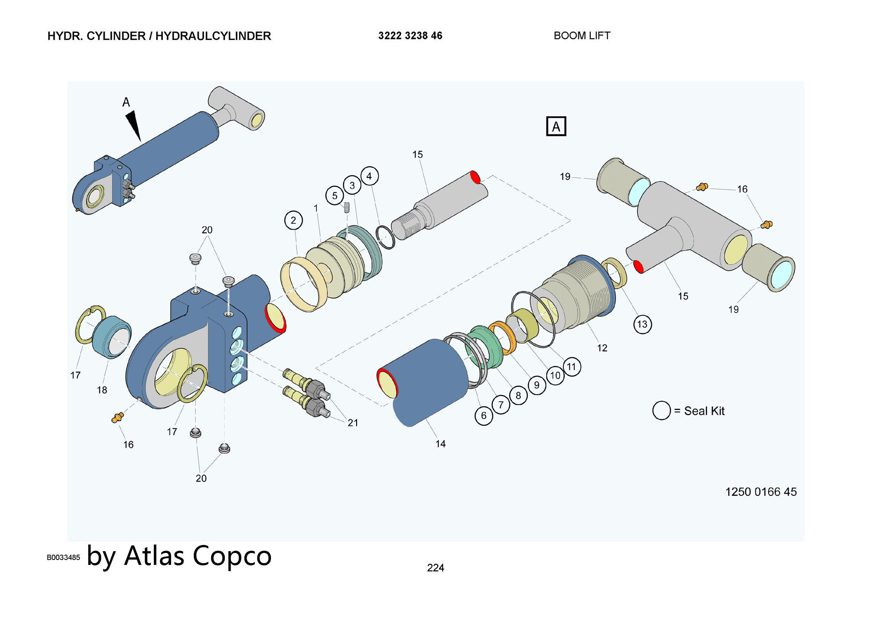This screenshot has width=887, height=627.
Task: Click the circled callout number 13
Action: click(642, 324)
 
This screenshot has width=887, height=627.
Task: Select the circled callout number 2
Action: click(293, 220)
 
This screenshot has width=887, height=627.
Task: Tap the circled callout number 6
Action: click(483, 415)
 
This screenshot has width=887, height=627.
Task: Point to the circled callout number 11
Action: click(571, 367)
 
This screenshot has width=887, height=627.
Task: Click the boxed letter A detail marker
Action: click(556, 126)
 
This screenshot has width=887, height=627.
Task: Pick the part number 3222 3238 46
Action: click(410, 36)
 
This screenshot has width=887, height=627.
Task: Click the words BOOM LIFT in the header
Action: click(582, 36)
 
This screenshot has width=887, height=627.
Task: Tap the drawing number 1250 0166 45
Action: click(761, 492)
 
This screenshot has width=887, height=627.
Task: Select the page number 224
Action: click(436, 568)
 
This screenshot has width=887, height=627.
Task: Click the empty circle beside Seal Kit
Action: click(661, 411)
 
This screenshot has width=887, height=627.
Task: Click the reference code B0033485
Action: click(63, 557)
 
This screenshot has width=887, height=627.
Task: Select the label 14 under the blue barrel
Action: click(440, 444)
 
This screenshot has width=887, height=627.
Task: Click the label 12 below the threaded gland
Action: click(602, 348)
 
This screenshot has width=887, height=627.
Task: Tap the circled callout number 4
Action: click(369, 176)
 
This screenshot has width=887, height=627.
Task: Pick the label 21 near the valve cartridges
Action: click(353, 423)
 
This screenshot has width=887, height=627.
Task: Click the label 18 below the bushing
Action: click(102, 390)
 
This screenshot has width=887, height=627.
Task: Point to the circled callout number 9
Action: click(536, 385)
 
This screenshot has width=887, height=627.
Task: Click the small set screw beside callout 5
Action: click(347, 207)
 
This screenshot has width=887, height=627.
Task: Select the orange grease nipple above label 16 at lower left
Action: click(118, 417)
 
